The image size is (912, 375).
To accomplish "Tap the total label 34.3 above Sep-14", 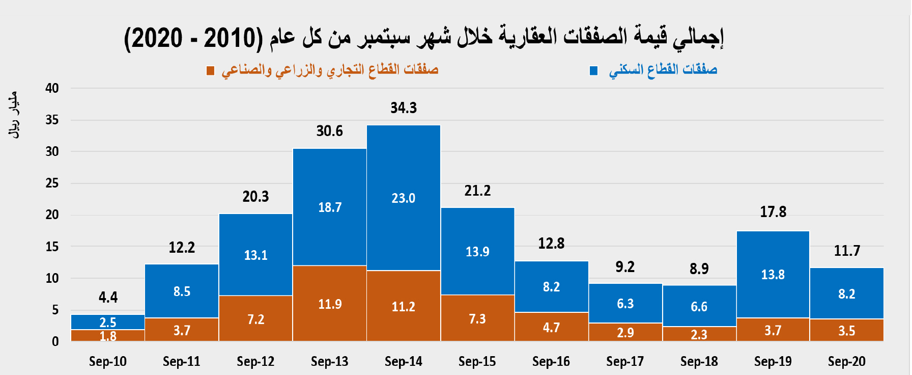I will [x=404, y=108].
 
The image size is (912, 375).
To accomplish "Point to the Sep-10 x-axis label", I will [x=108, y=361].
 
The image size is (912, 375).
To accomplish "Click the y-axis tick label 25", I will [x=52, y=183].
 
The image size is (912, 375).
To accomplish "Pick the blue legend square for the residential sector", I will [x=593, y=70].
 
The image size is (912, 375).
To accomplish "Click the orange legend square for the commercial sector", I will [x=210, y=70].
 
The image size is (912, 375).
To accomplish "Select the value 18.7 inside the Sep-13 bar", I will [x=330, y=207].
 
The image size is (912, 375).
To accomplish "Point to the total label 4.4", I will [x=108, y=297].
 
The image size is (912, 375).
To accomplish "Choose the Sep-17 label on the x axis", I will [x=625, y=361].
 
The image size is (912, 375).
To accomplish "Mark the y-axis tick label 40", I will [x=52, y=88].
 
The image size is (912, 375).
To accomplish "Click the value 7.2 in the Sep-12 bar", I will [x=255, y=319].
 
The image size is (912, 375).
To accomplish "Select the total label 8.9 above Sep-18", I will [x=699, y=269].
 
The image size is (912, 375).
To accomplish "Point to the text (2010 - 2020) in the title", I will [x=193, y=38].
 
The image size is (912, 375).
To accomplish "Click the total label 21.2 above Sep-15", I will [x=477, y=191].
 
